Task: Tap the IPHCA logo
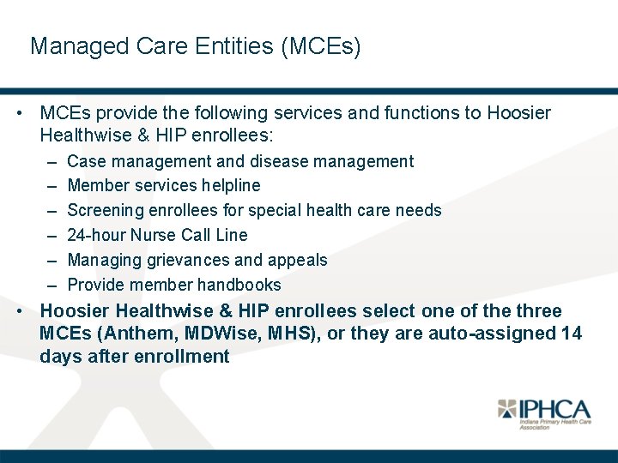pos(542,413)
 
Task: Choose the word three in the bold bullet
pos(537,310)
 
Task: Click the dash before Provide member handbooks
pos(51,285)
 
